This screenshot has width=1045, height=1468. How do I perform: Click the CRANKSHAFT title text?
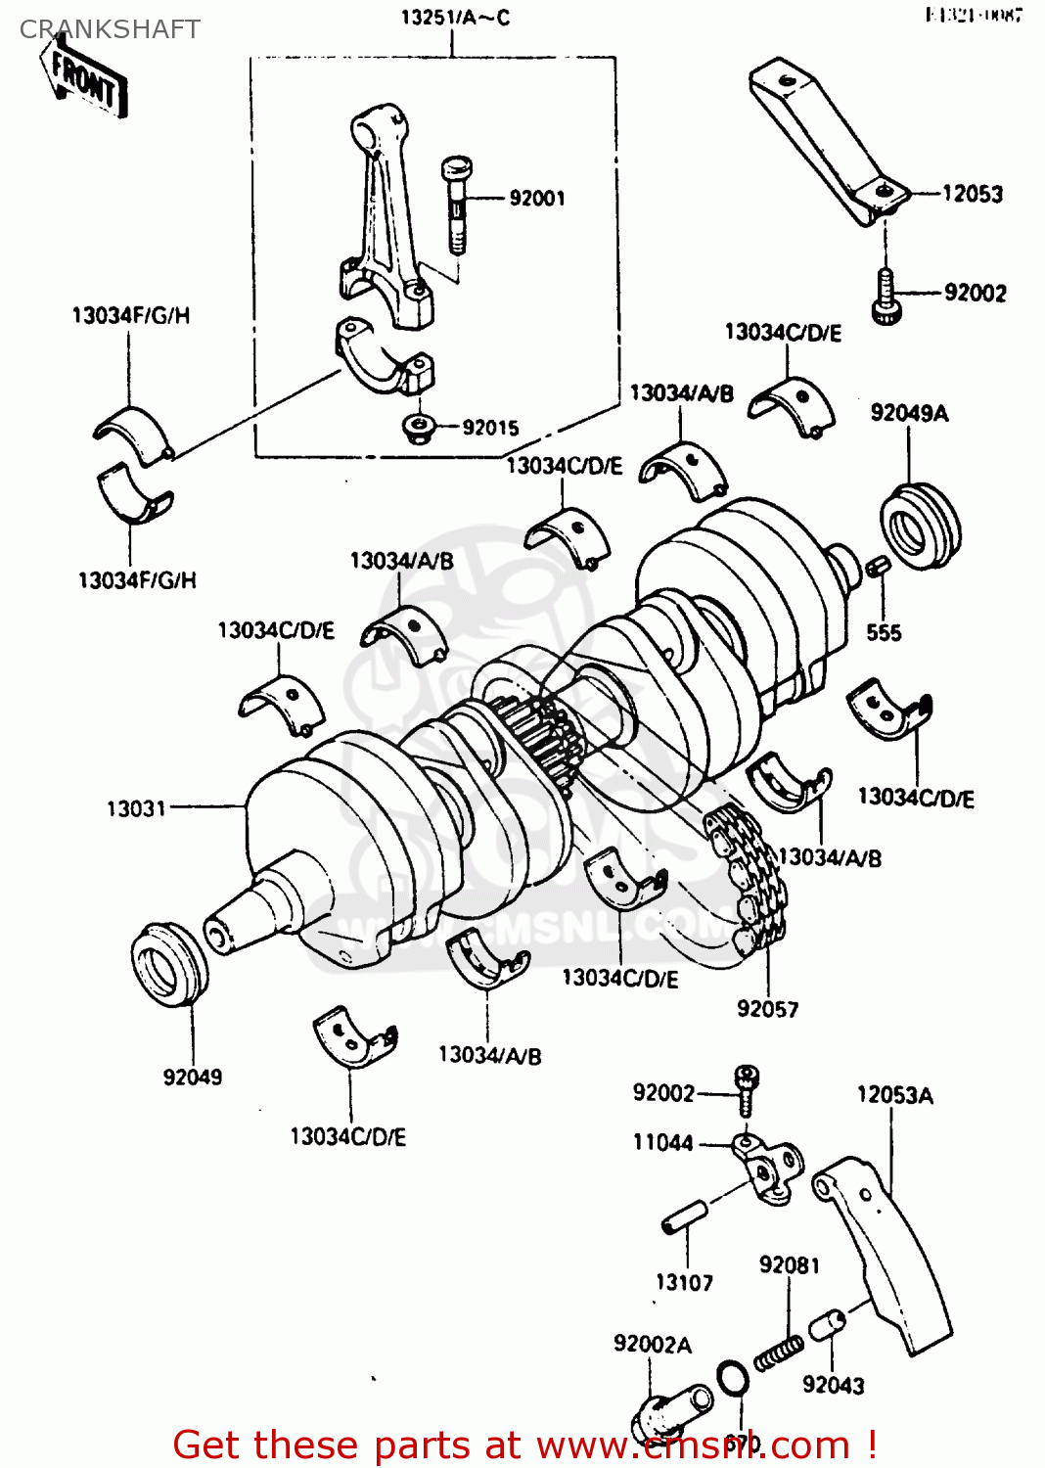click(x=110, y=29)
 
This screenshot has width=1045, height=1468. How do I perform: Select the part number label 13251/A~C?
click(x=455, y=18)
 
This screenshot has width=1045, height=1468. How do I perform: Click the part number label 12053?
click(x=973, y=194)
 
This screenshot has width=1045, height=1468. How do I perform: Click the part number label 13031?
click(x=136, y=808)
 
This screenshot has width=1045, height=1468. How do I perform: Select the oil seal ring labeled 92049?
click(x=168, y=963)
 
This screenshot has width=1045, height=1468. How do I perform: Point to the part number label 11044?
click(x=662, y=1142)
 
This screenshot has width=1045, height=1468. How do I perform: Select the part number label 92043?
click(x=834, y=1385)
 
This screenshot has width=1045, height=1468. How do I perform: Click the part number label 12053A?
click(x=894, y=1095)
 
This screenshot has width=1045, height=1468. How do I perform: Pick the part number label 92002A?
click(x=652, y=1345)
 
